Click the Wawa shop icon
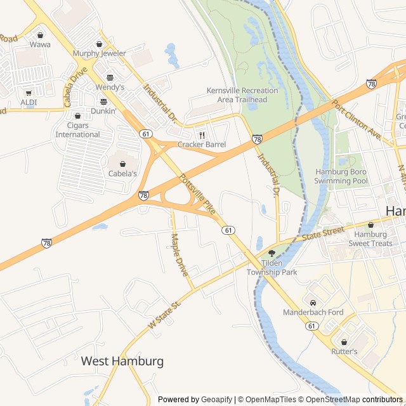pos(41,36)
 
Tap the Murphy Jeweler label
pos(100,53)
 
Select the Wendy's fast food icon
pos(110,77)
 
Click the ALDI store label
pos(29,101)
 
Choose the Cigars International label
pos(77,129)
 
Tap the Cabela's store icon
pos(122,164)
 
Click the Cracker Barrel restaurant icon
pos(202,135)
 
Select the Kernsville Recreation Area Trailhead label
pos(242,95)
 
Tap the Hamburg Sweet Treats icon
pos(371,225)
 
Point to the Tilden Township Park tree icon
pos(272,253)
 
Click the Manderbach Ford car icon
pos(313,302)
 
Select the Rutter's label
pos(344,351)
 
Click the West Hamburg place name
pos(122,361)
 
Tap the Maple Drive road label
pos(180,254)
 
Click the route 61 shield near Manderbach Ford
pos(311,325)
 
